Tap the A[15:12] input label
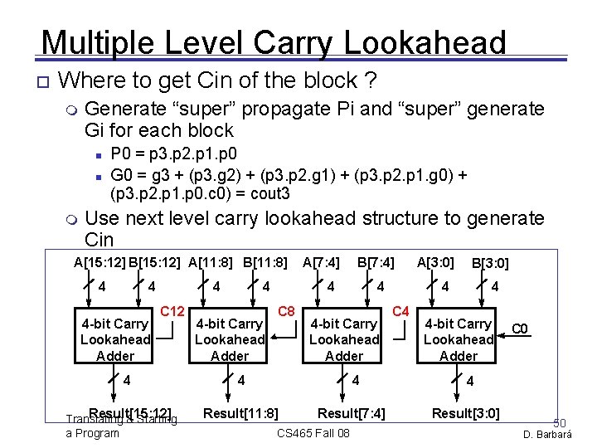[x=99, y=263]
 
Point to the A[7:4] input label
[x=321, y=263]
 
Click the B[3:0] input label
[x=490, y=264]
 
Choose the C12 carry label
[x=172, y=311]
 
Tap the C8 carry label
[x=287, y=311]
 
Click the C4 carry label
[x=400, y=311]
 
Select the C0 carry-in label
[x=520, y=329]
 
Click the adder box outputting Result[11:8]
[x=230, y=339]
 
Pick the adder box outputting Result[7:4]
[x=344, y=339]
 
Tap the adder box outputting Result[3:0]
[x=459, y=339]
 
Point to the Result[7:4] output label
[x=352, y=413]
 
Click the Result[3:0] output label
[x=465, y=413]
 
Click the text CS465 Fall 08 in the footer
[x=313, y=434]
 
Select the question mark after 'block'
[x=371, y=80]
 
